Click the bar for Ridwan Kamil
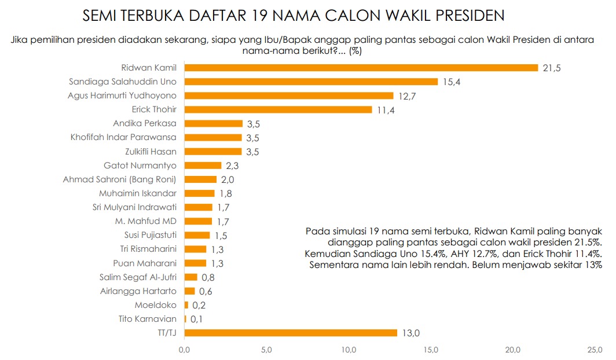(361, 68)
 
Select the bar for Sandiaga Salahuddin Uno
(311, 82)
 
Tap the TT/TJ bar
(291, 333)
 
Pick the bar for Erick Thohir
(278, 109)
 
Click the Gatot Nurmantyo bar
(203, 166)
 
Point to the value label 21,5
(552, 68)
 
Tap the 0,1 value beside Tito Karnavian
(197, 319)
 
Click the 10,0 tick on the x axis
(349, 350)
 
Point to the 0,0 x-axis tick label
(185, 350)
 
